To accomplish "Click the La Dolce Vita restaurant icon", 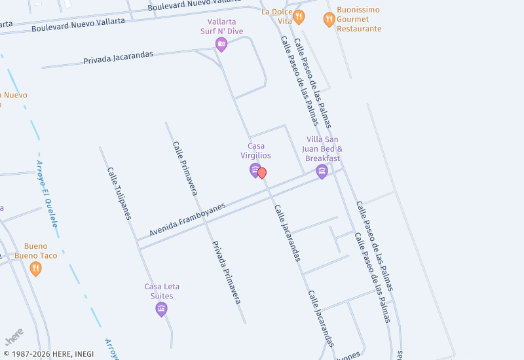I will click(299, 17).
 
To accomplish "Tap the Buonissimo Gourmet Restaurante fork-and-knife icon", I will click(329, 20).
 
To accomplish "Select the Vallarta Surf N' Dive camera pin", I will click(221, 45).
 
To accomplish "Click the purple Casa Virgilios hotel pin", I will click(255, 170).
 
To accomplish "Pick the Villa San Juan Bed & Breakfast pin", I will click(322, 171).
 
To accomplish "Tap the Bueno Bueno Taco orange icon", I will click(35, 268).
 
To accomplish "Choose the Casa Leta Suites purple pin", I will click(162, 309).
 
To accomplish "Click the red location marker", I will click(262, 173).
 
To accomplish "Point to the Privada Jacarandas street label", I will click(118, 58).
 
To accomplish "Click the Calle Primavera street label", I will click(185, 168).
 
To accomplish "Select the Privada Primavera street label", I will click(226, 272).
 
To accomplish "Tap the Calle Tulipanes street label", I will click(119, 193).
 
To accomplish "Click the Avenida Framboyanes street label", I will click(187, 219).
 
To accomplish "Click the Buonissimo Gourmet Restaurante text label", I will click(359, 20).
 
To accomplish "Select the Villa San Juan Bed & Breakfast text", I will click(323, 149).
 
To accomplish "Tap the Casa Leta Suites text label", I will click(162, 291).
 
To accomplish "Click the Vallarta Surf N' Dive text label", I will click(221, 26).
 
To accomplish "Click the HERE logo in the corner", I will click(14, 337).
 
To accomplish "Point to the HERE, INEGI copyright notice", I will click(49, 354).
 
